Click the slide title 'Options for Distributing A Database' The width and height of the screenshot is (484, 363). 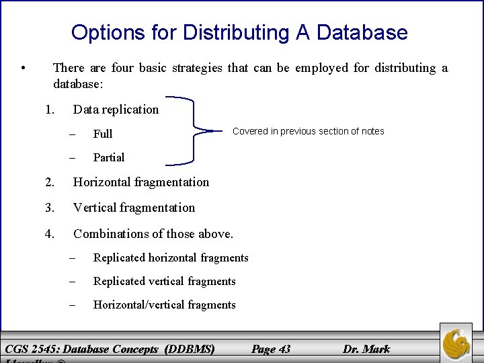point(239,32)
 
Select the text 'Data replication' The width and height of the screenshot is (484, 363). point(116,110)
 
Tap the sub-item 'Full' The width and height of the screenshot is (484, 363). point(103,134)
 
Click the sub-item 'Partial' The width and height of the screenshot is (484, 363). point(109,157)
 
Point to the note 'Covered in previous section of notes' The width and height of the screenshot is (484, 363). point(309,131)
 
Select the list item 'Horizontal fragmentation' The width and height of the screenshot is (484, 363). point(141,182)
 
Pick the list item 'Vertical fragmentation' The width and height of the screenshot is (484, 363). point(134,208)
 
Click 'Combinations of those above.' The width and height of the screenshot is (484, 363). point(153,234)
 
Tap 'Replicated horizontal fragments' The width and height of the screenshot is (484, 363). point(171,257)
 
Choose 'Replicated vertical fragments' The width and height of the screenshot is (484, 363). point(164,281)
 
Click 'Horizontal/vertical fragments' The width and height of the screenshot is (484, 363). point(164,305)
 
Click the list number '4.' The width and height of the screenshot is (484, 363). point(50,234)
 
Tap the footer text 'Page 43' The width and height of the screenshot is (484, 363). point(271,348)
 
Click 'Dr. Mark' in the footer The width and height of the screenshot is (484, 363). point(366,348)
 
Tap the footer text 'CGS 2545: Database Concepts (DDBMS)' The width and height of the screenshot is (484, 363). point(110,348)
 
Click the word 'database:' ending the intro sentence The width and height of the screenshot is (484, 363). point(78,85)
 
